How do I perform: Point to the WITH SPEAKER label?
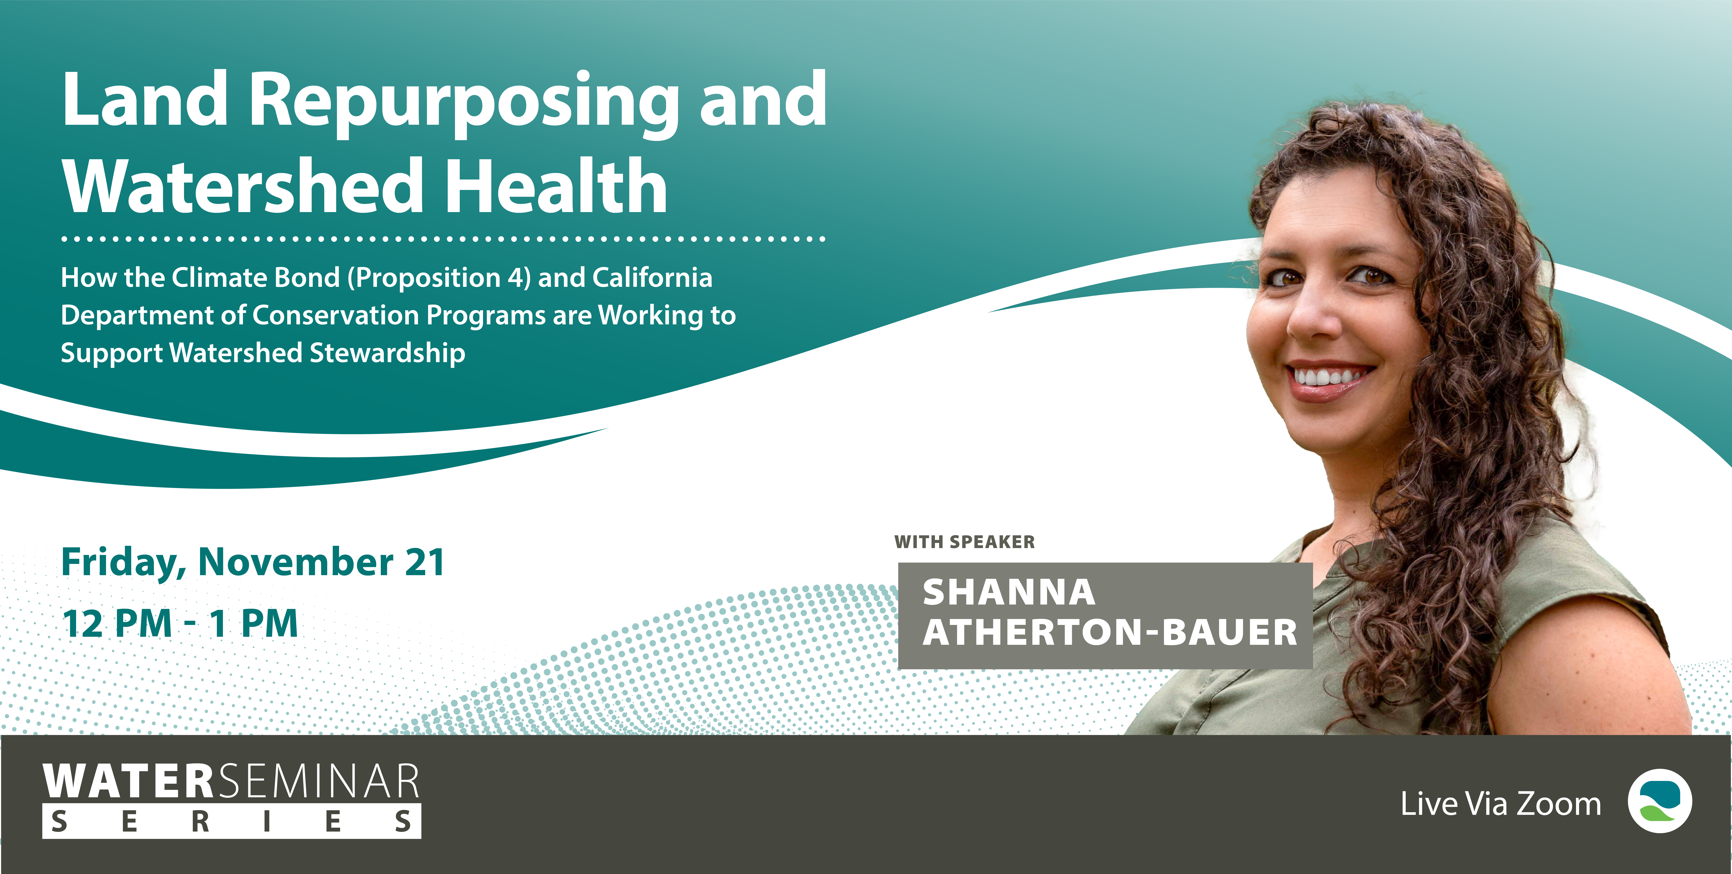964,542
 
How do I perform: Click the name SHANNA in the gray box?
1009,592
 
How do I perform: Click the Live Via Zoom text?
1501,804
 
